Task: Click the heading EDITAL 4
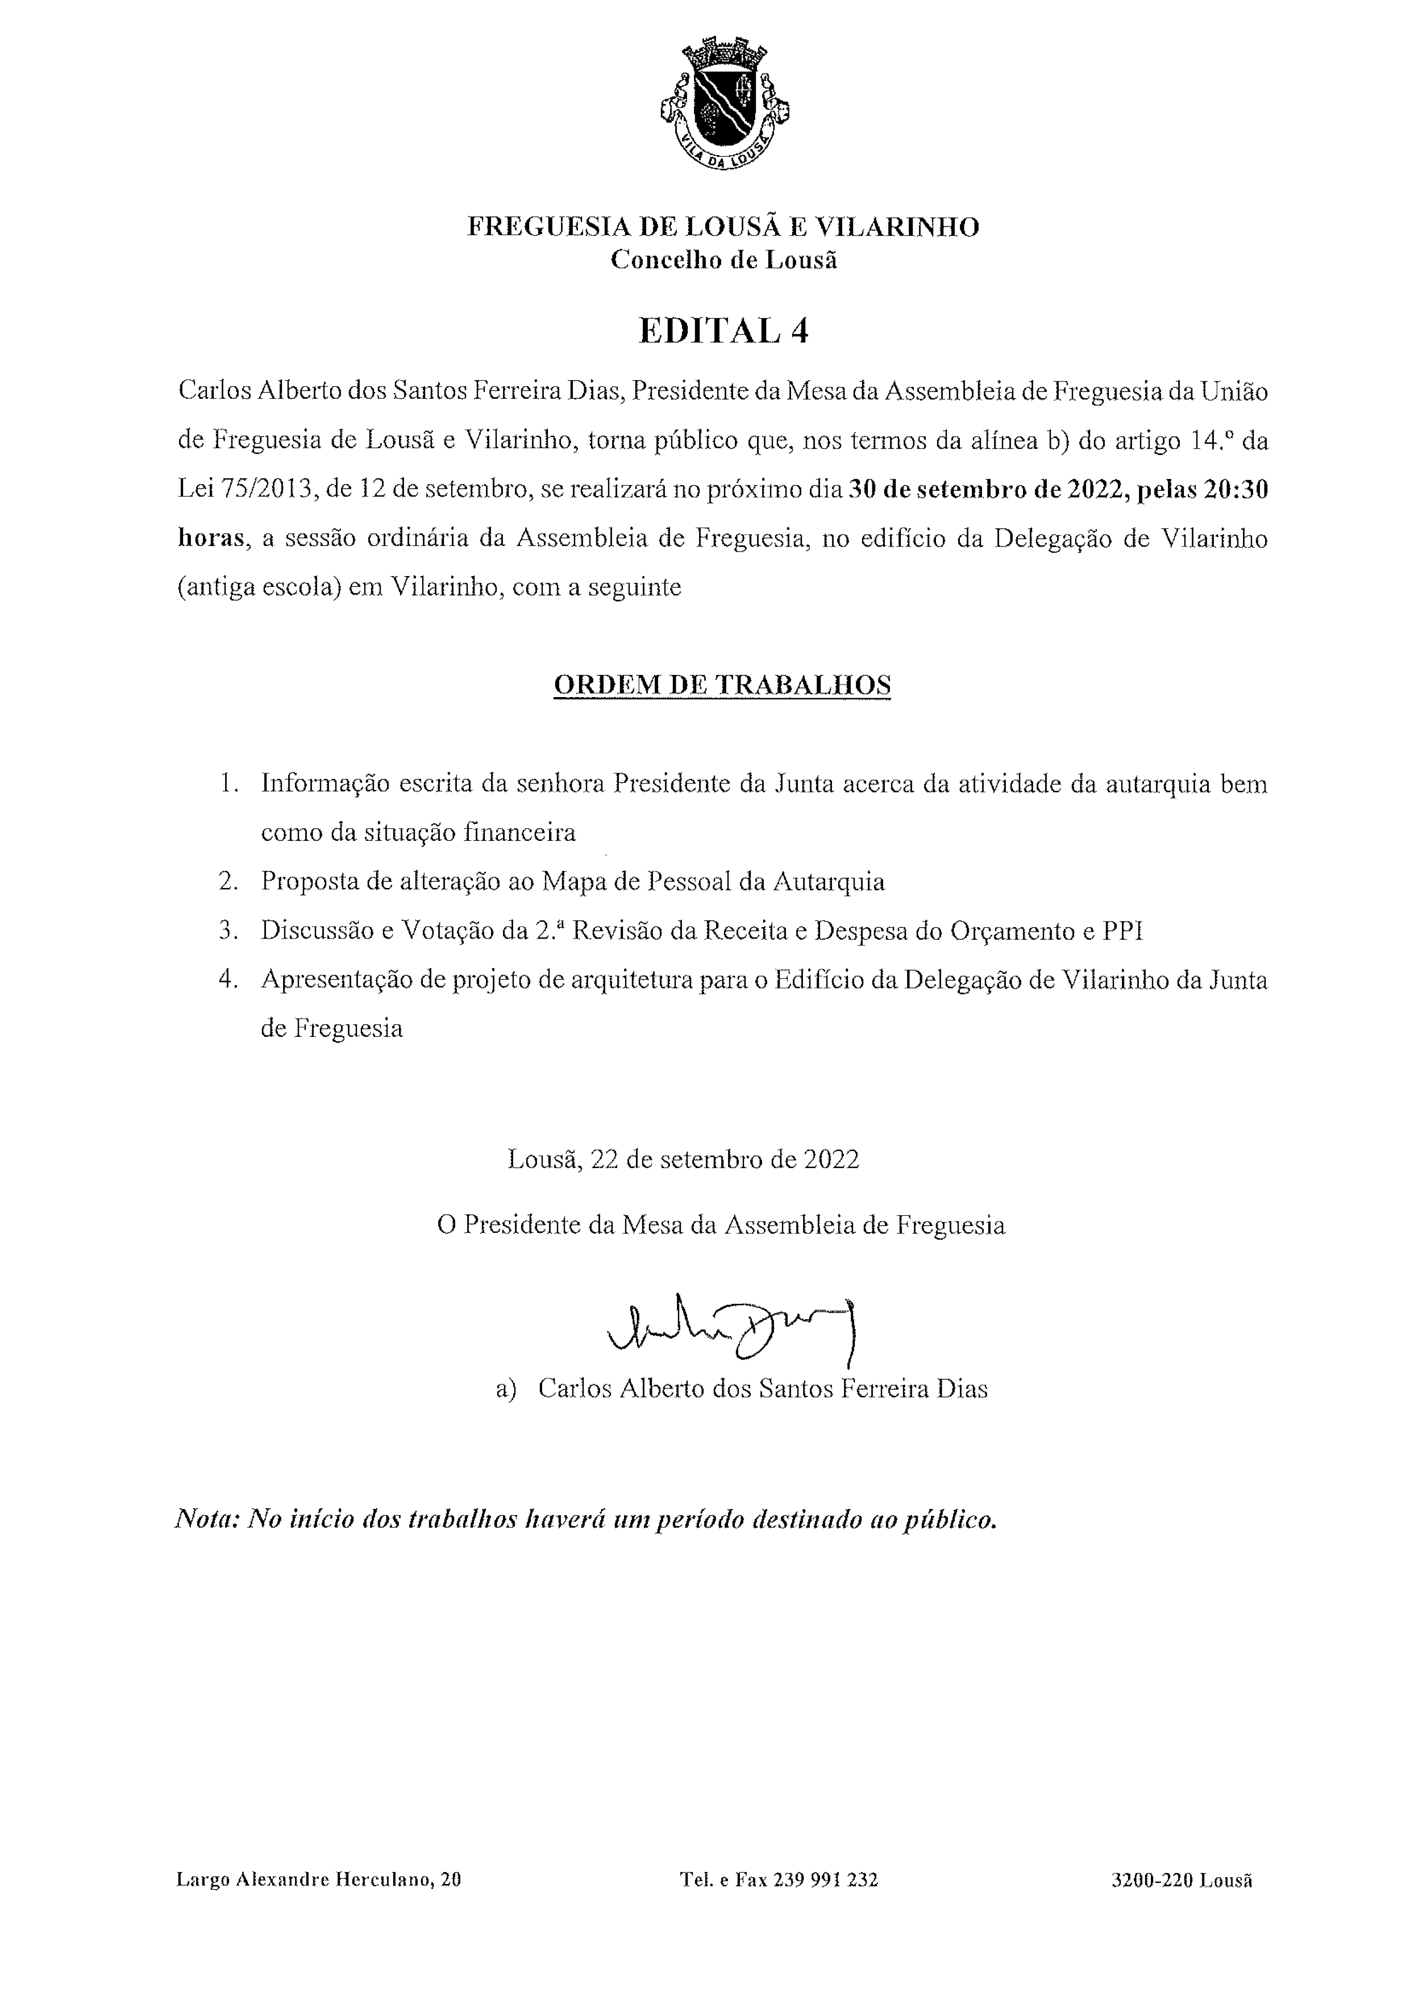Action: [723, 331]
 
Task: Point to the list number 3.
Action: [228, 931]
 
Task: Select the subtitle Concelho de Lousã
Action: [723, 260]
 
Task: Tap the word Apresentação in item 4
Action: [334, 980]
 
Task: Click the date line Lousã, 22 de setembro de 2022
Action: [683, 1159]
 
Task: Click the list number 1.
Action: [228, 784]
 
